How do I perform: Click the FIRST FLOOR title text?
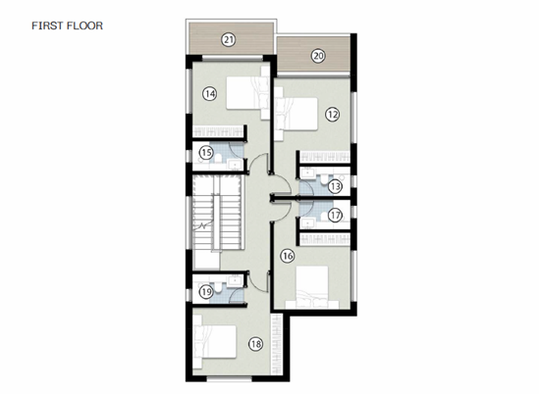[x=67, y=25]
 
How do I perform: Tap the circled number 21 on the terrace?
[x=229, y=40]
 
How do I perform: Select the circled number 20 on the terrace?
[x=318, y=56]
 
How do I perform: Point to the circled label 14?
[x=210, y=93]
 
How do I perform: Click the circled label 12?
[x=333, y=114]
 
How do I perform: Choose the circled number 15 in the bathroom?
[x=206, y=152]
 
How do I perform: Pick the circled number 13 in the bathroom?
[x=335, y=186]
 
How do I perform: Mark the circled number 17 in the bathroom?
[x=335, y=216]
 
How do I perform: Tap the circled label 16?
[x=288, y=256]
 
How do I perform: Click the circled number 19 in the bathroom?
[x=206, y=292]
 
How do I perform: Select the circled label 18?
[x=255, y=344]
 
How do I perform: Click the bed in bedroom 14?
[x=247, y=93]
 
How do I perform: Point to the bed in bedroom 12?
[x=296, y=114]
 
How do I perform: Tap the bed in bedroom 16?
[x=312, y=287]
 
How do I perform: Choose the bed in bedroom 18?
[x=214, y=342]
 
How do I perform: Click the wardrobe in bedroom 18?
[x=277, y=344]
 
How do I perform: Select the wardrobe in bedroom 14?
[x=218, y=131]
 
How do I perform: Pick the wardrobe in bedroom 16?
[x=325, y=239]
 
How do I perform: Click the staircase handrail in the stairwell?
[x=217, y=222]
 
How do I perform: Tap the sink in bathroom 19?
[x=235, y=280]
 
